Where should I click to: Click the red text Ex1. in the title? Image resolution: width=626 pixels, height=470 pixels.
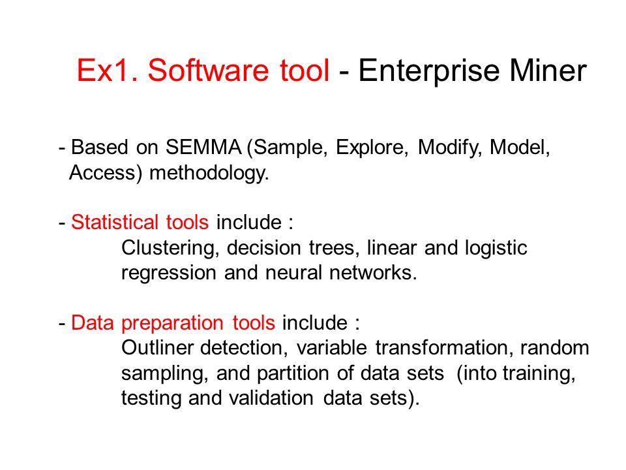coord(107,70)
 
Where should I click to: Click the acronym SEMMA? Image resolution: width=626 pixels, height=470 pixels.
coord(203,147)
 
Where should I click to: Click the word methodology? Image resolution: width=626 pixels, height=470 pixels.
coord(209,174)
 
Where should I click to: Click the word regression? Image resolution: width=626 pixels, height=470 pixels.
coord(169,274)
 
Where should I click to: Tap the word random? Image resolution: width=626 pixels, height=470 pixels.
coord(554,348)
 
